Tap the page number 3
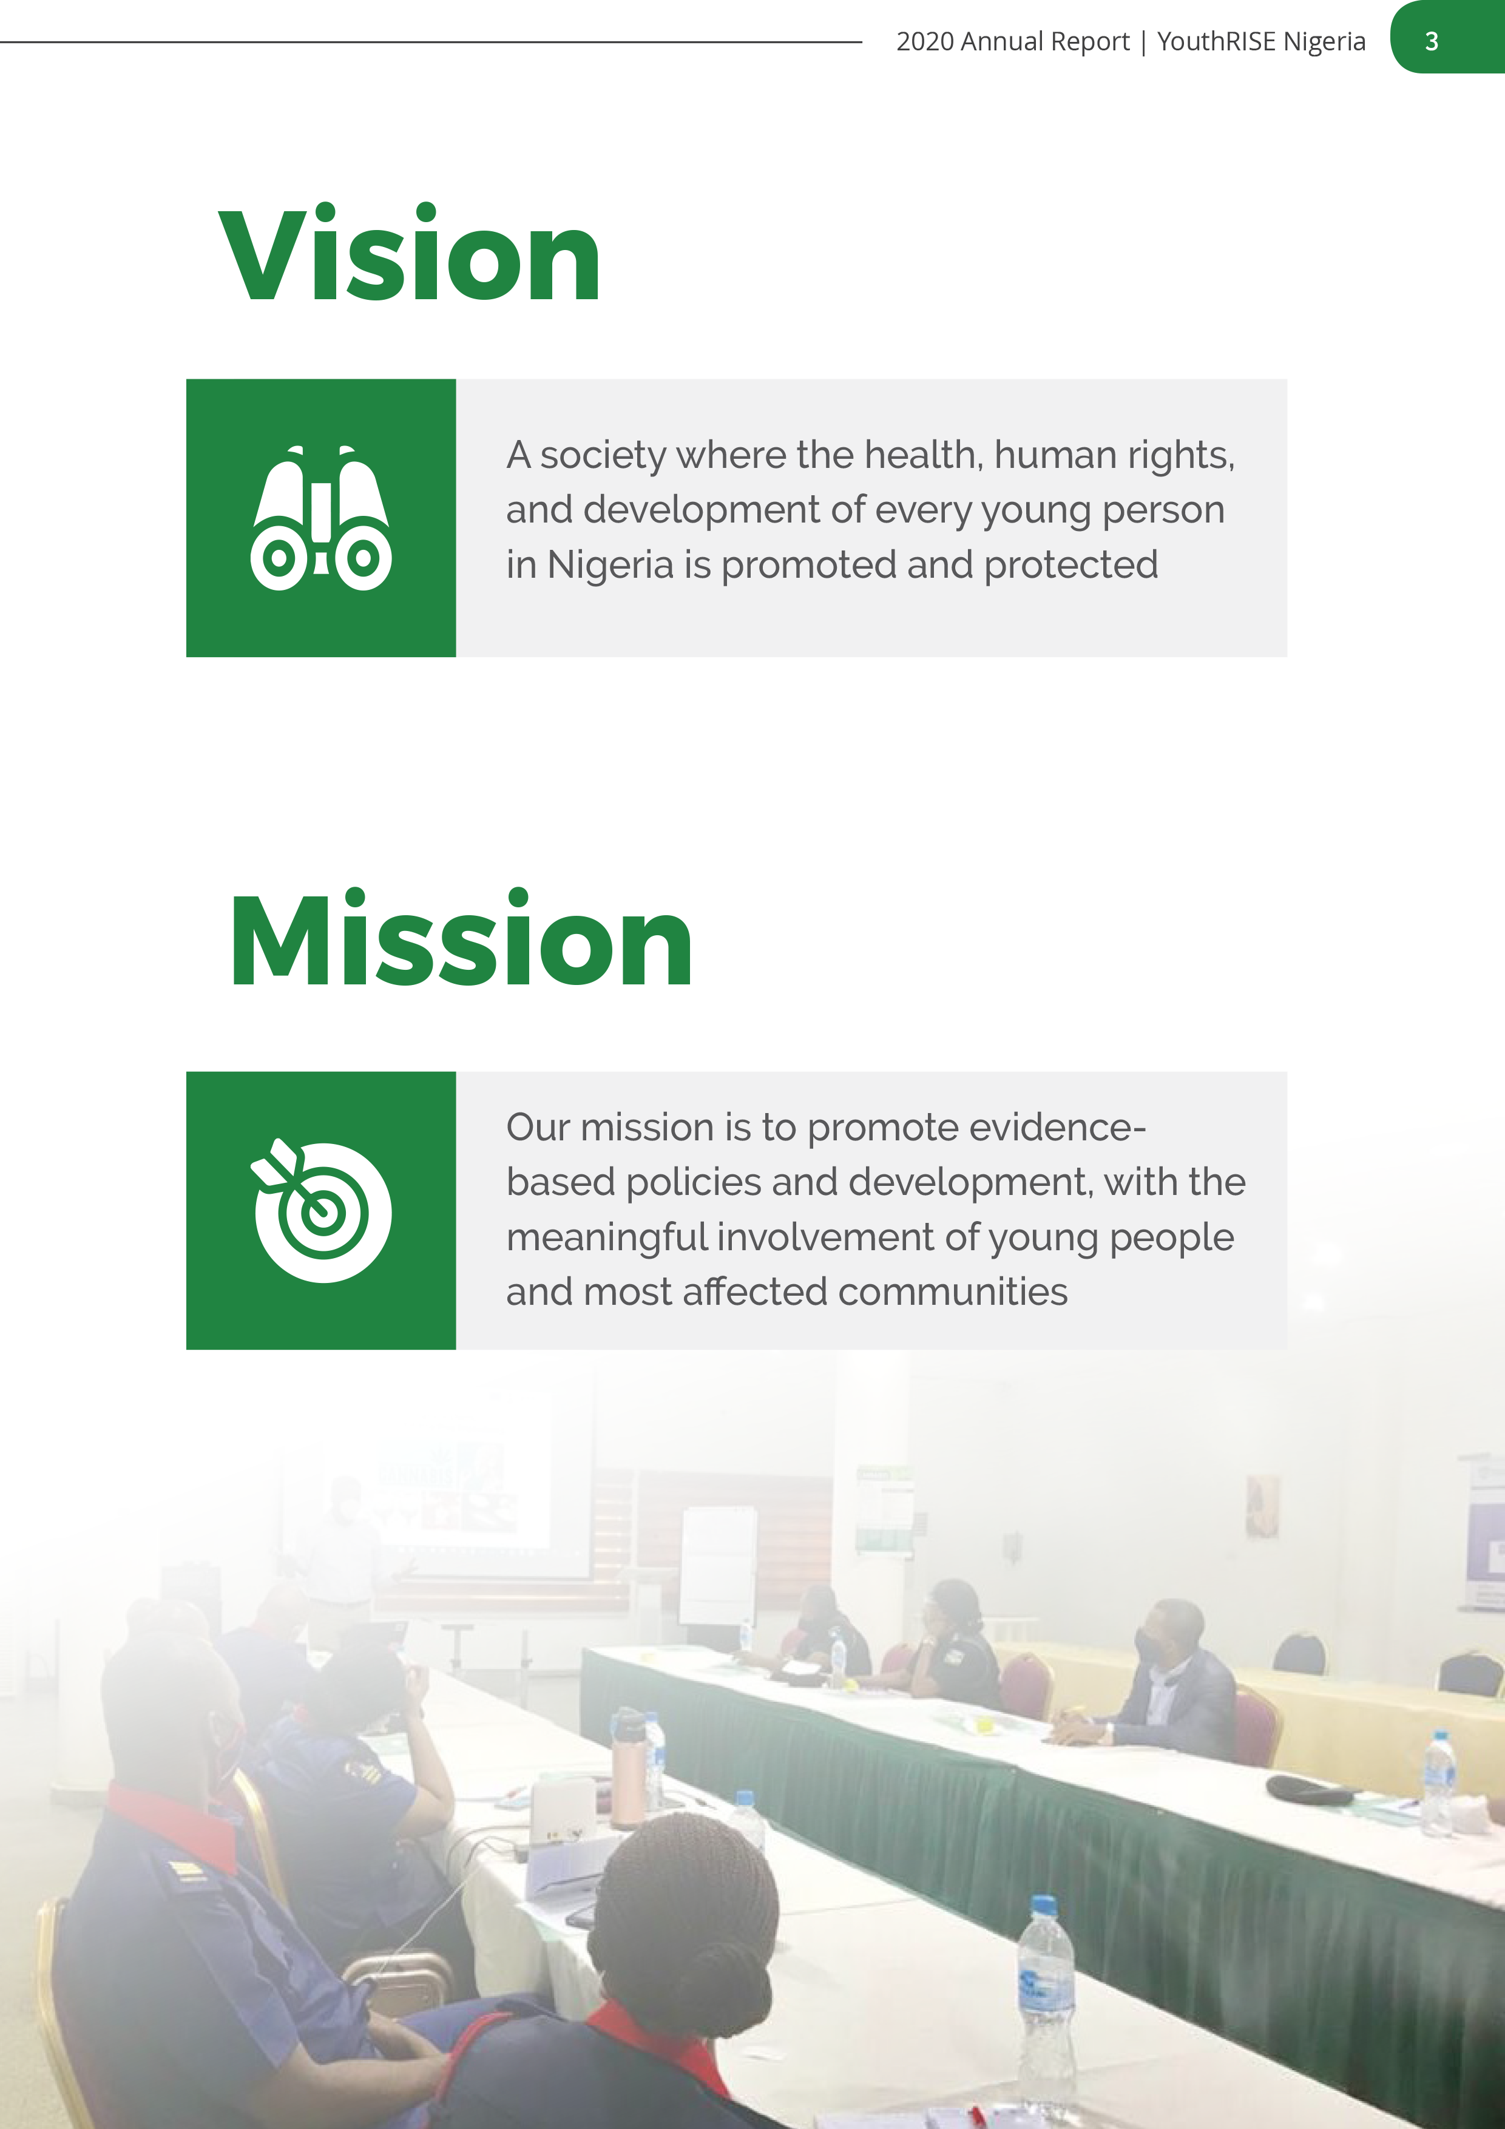[x=1432, y=41]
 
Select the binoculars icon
[x=321, y=518]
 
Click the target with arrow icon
[x=321, y=1210]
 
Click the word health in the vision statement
[x=924, y=455]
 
